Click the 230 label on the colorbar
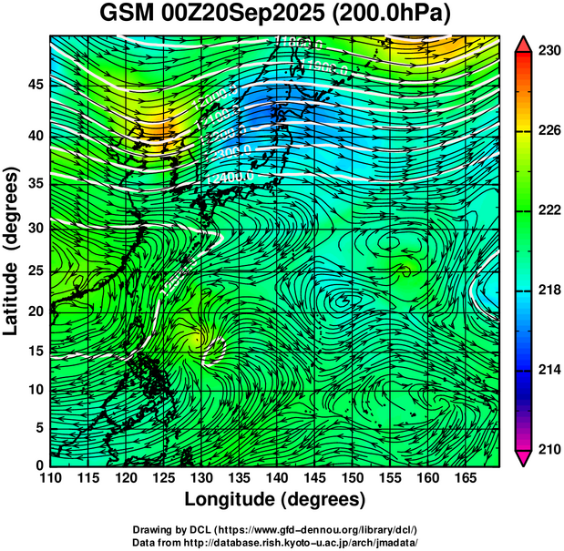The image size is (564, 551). coord(548,52)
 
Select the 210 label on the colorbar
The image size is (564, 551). coord(548,449)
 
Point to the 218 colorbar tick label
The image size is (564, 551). coord(548,291)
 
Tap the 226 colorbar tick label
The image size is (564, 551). coord(548,131)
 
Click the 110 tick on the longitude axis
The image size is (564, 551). coord(50,477)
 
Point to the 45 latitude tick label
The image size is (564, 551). coord(34,85)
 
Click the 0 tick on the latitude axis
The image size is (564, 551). coord(38,465)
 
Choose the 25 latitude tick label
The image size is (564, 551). coord(34,271)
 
